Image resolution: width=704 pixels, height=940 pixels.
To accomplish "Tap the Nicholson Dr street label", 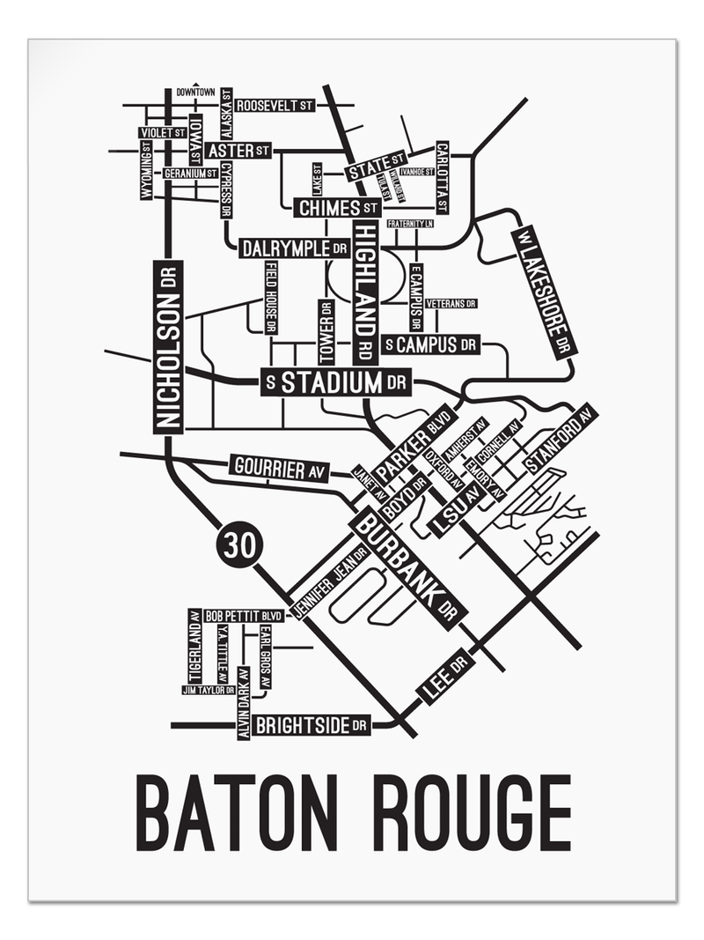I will click(168, 347).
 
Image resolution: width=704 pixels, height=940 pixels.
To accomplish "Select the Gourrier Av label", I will click(277, 468).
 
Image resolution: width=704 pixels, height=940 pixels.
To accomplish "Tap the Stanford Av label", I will click(560, 440).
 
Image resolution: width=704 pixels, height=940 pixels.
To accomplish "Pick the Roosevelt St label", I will click(275, 105).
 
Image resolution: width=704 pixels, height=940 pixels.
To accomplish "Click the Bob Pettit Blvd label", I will click(244, 616).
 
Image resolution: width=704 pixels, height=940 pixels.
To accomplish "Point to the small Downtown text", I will click(195, 92).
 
